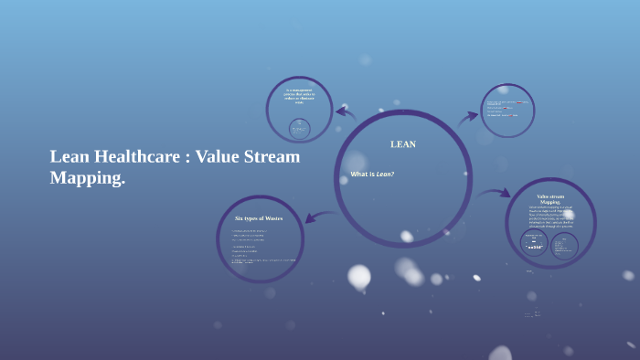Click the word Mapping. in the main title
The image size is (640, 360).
coord(87,178)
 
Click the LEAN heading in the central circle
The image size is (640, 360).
coord(402,144)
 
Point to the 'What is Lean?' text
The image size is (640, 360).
coord(372,174)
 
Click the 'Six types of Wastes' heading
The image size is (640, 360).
coord(259,218)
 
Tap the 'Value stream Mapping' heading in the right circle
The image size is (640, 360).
coord(550,199)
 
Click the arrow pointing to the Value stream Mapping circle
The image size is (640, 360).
coord(494,193)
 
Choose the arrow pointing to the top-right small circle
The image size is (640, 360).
coord(467,116)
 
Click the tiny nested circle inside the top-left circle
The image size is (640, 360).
coord(299,128)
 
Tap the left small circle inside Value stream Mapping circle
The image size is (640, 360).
coord(535,243)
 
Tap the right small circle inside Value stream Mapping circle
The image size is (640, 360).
coord(564,246)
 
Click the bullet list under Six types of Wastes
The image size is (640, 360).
coord(261,247)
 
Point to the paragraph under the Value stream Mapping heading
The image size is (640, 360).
coord(550,217)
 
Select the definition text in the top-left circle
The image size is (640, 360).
coord(299,96)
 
